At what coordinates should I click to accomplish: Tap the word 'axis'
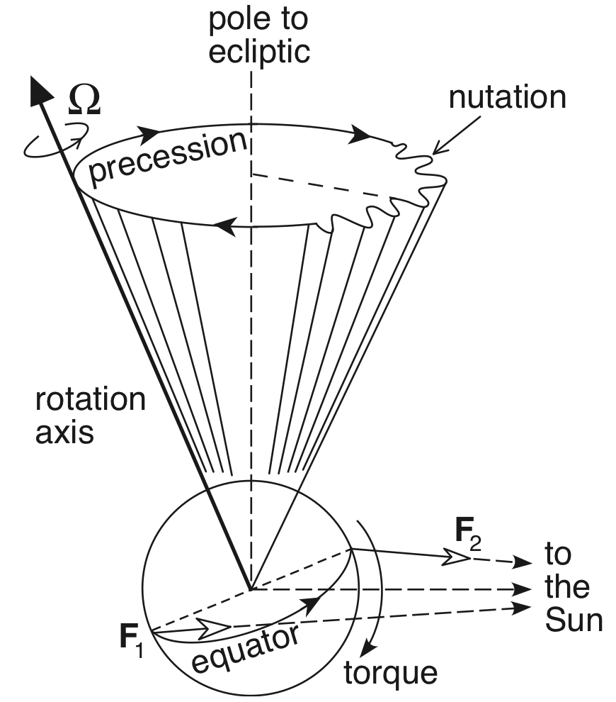(x=64, y=432)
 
